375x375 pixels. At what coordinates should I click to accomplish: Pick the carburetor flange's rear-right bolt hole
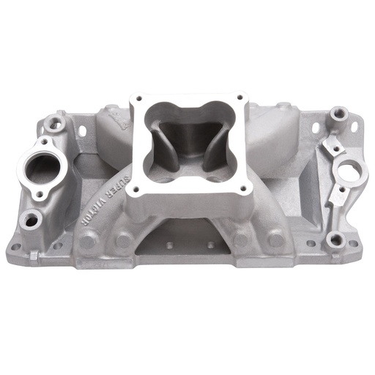click(240, 97)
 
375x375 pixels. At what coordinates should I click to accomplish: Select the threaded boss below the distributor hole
click(335, 237)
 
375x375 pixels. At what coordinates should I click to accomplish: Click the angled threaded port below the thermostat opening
click(31, 218)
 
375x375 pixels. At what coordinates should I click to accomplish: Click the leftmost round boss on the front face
click(88, 240)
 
